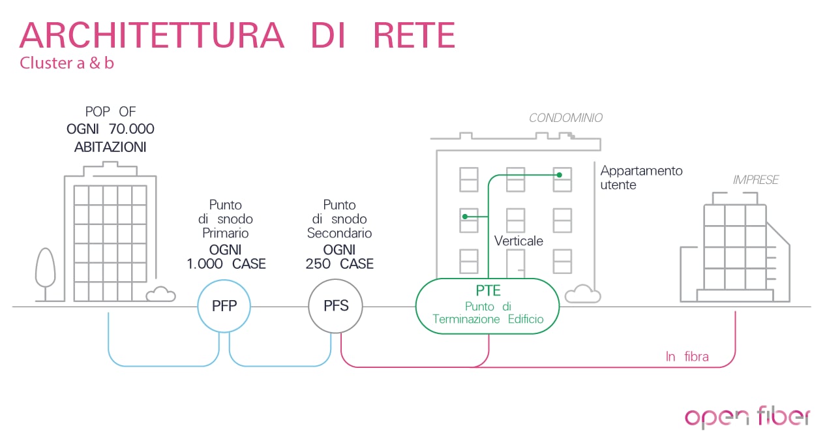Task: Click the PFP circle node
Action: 224,306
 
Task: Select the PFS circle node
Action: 336,306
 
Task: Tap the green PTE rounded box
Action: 488,306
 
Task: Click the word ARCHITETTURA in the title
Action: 152,35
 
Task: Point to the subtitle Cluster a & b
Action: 67,64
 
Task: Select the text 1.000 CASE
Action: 226,264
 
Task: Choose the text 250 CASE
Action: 339,264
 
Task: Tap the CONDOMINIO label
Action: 565,118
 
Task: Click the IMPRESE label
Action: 755,180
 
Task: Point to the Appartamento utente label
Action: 641,177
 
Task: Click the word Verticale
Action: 519,241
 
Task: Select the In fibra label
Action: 687,357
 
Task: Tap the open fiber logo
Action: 747,418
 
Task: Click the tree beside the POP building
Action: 45,269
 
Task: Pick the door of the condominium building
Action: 516,264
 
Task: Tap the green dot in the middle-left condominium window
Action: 465,216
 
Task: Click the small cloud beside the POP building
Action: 160,294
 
